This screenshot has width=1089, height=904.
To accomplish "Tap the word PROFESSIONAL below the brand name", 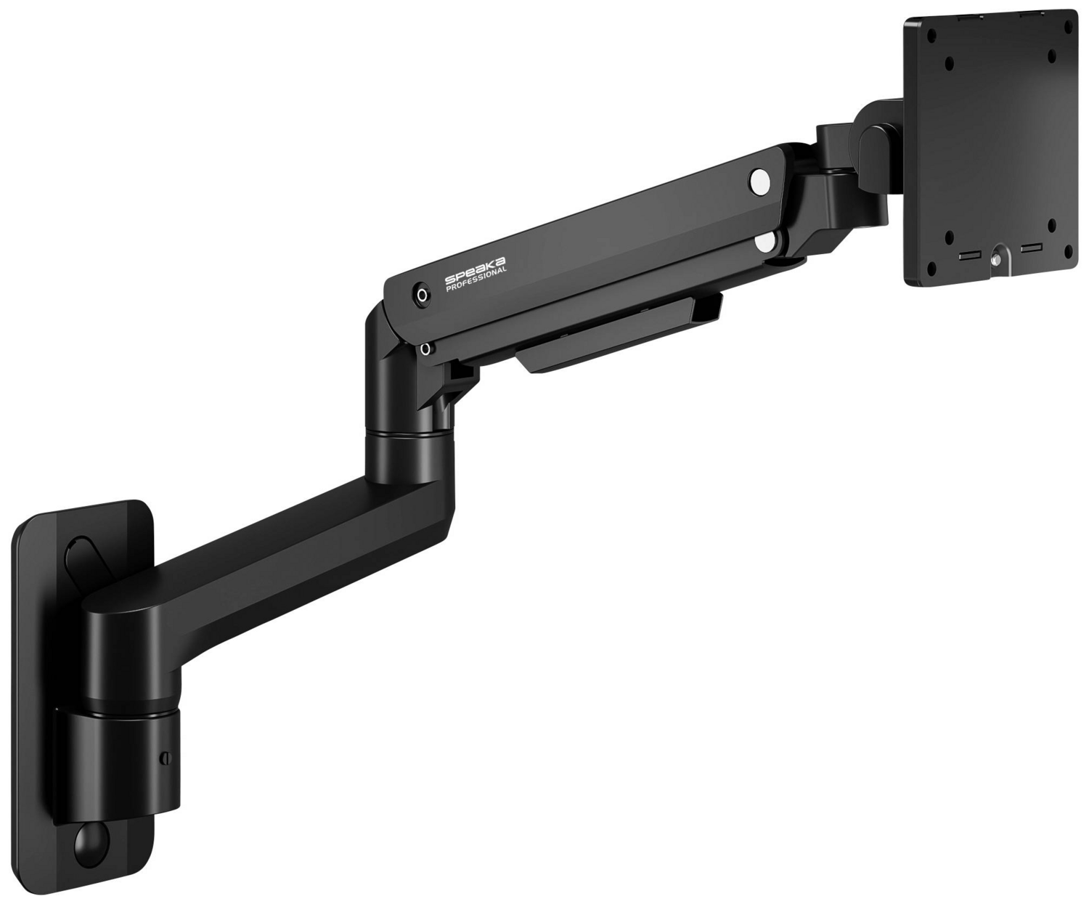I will pos(477,280).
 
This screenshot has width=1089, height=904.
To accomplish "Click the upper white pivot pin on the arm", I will pos(759,181).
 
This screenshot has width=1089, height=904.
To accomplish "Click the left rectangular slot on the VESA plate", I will pos(968,256).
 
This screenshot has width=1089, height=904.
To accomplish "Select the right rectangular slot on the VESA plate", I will pos(1031,249).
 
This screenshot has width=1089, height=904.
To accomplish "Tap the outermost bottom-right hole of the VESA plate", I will pos(1068,251).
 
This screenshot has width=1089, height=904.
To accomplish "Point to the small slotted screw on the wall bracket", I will pos(164,758).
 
